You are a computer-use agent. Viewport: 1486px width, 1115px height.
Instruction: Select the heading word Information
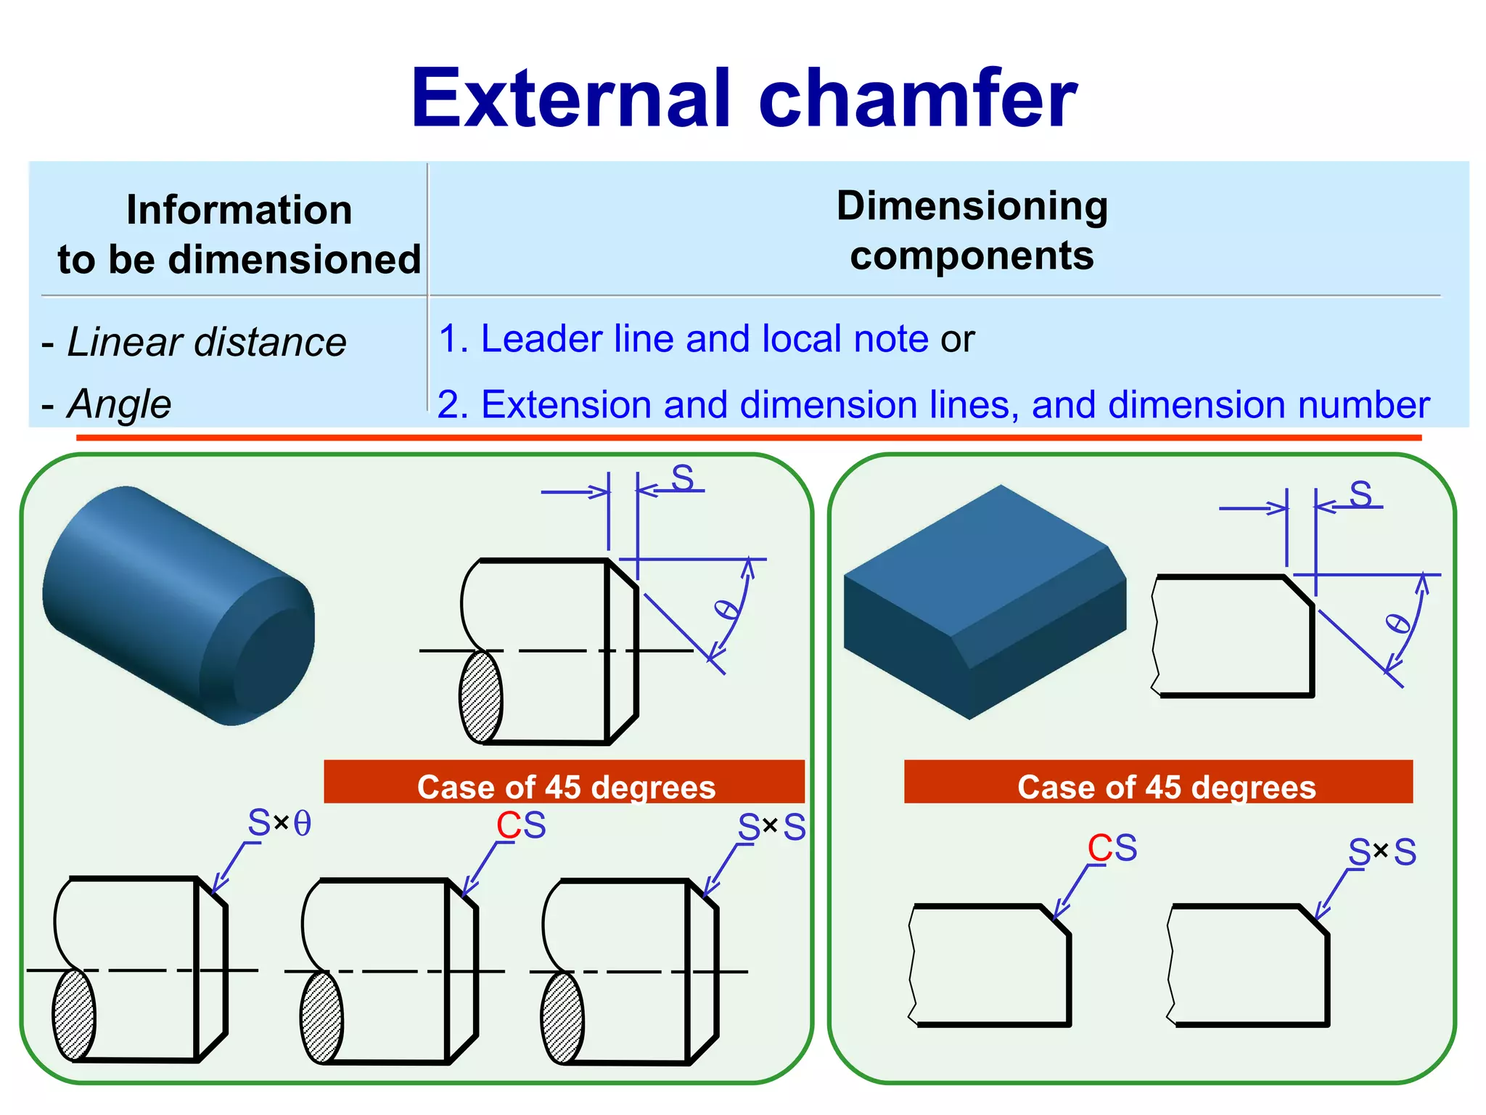(x=239, y=211)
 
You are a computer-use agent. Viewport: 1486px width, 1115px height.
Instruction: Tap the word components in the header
(x=972, y=256)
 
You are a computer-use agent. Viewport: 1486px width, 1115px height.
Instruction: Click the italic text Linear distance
(x=206, y=342)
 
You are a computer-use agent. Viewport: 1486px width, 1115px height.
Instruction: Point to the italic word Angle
(x=119, y=404)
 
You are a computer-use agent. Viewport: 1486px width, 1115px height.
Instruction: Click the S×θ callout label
(x=279, y=823)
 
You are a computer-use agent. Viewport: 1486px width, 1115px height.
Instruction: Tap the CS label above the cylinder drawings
(x=521, y=825)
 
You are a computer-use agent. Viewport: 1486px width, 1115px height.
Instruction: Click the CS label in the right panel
(x=1112, y=848)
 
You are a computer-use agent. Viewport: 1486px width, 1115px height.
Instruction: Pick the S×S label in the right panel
(x=1382, y=852)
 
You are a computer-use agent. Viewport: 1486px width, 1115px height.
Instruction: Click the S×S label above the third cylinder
(x=772, y=827)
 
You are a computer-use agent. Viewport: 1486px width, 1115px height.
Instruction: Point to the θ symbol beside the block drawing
(x=1397, y=624)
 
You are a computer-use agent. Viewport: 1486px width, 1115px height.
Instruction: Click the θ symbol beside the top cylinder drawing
(x=727, y=609)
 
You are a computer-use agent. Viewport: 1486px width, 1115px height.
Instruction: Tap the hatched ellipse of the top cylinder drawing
(x=480, y=697)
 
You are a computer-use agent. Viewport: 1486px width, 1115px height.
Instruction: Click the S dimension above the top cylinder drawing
(x=682, y=478)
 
